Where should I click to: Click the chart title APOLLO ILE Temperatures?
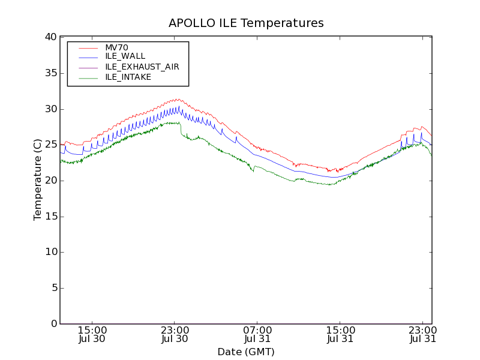(x=246, y=23)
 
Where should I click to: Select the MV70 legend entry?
(x=116, y=47)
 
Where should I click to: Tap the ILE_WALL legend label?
(x=125, y=56)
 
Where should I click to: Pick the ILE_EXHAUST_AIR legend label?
(x=142, y=67)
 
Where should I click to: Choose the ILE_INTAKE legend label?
(x=128, y=77)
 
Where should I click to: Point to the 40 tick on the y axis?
(x=50, y=37)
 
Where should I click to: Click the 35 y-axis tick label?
(x=50, y=73)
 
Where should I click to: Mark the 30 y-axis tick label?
(x=50, y=109)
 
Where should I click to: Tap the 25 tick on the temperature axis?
(x=50, y=145)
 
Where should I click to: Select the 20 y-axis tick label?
(x=50, y=181)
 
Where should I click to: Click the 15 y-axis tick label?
(x=50, y=217)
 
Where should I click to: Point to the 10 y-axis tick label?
(x=50, y=252)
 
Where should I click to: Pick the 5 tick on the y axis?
(x=53, y=288)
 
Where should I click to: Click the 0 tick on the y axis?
(x=53, y=324)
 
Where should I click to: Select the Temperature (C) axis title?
(x=38, y=181)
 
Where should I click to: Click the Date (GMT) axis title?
(x=246, y=352)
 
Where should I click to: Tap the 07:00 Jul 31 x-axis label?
(x=257, y=335)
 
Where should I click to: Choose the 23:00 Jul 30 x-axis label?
(x=175, y=335)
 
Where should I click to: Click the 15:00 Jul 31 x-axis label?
(x=340, y=335)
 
